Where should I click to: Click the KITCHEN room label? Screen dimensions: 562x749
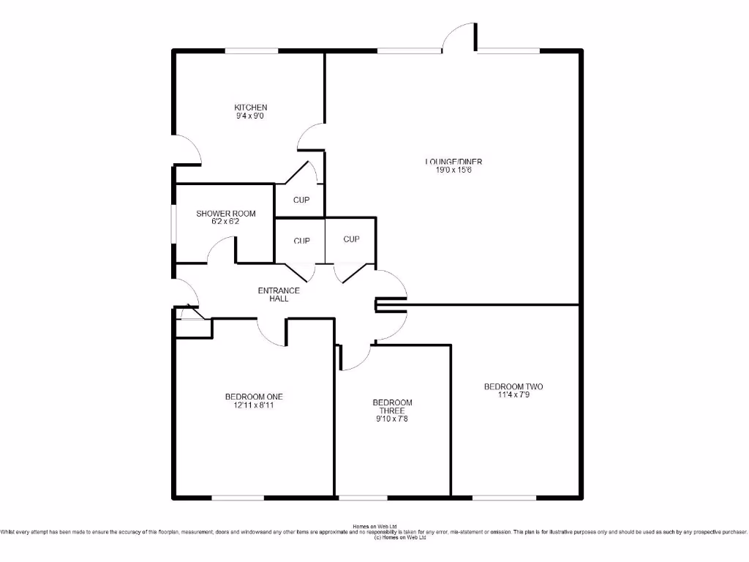pyautogui.click(x=250, y=108)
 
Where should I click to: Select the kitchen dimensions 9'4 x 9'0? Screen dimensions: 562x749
pyautogui.click(x=250, y=116)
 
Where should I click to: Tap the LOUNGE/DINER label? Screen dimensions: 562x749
pyautogui.click(x=453, y=162)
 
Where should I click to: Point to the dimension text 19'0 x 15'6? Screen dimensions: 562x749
pyautogui.click(x=453, y=170)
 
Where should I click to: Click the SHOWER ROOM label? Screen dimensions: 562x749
pyautogui.click(x=225, y=214)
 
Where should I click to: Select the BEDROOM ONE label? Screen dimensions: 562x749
pyautogui.click(x=254, y=397)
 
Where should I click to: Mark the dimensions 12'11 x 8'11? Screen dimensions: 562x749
pyautogui.click(x=254, y=405)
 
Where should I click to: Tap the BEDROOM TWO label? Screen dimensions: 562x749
pyautogui.click(x=513, y=386)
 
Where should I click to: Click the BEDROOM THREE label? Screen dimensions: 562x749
pyautogui.click(x=392, y=407)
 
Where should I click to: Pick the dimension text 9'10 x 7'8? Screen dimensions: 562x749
pyautogui.click(x=392, y=419)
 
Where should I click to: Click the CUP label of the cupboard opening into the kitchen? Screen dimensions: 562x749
pyautogui.click(x=301, y=200)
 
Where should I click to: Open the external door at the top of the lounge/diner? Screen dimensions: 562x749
pyautogui.click(x=459, y=37)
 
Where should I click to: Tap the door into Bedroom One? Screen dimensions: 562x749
pyautogui.click(x=271, y=332)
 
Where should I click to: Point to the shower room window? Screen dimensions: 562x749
pyautogui.click(x=173, y=222)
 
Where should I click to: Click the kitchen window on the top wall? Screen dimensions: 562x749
pyautogui.click(x=251, y=50)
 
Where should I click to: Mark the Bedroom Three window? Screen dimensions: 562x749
pyautogui.click(x=363, y=498)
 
